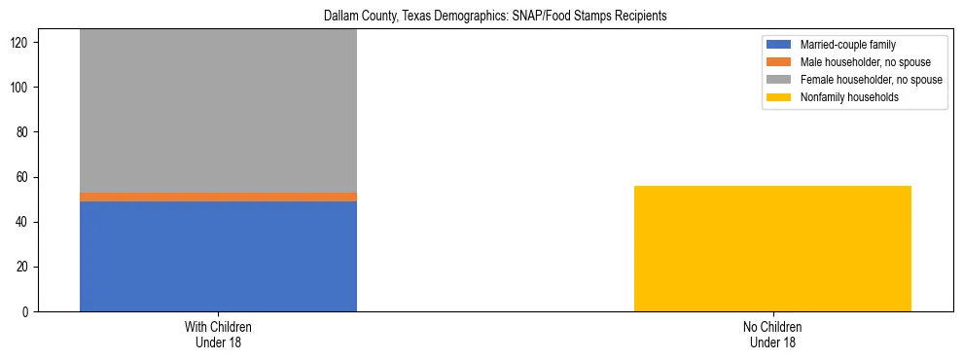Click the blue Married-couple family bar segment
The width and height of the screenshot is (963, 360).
tap(218, 256)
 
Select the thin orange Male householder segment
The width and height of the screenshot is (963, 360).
tap(218, 197)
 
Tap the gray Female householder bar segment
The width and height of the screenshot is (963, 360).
tap(218, 111)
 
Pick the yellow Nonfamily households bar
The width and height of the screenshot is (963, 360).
tap(772, 248)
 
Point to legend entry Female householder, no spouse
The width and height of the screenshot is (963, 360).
tap(871, 80)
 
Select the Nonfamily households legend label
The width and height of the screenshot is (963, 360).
tap(849, 97)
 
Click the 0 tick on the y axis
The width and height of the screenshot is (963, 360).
tap(27, 311)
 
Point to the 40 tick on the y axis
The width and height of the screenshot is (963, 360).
tap(24, 222)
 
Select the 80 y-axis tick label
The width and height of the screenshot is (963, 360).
tap(24, 132)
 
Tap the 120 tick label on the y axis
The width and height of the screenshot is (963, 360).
tap(21, 43)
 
